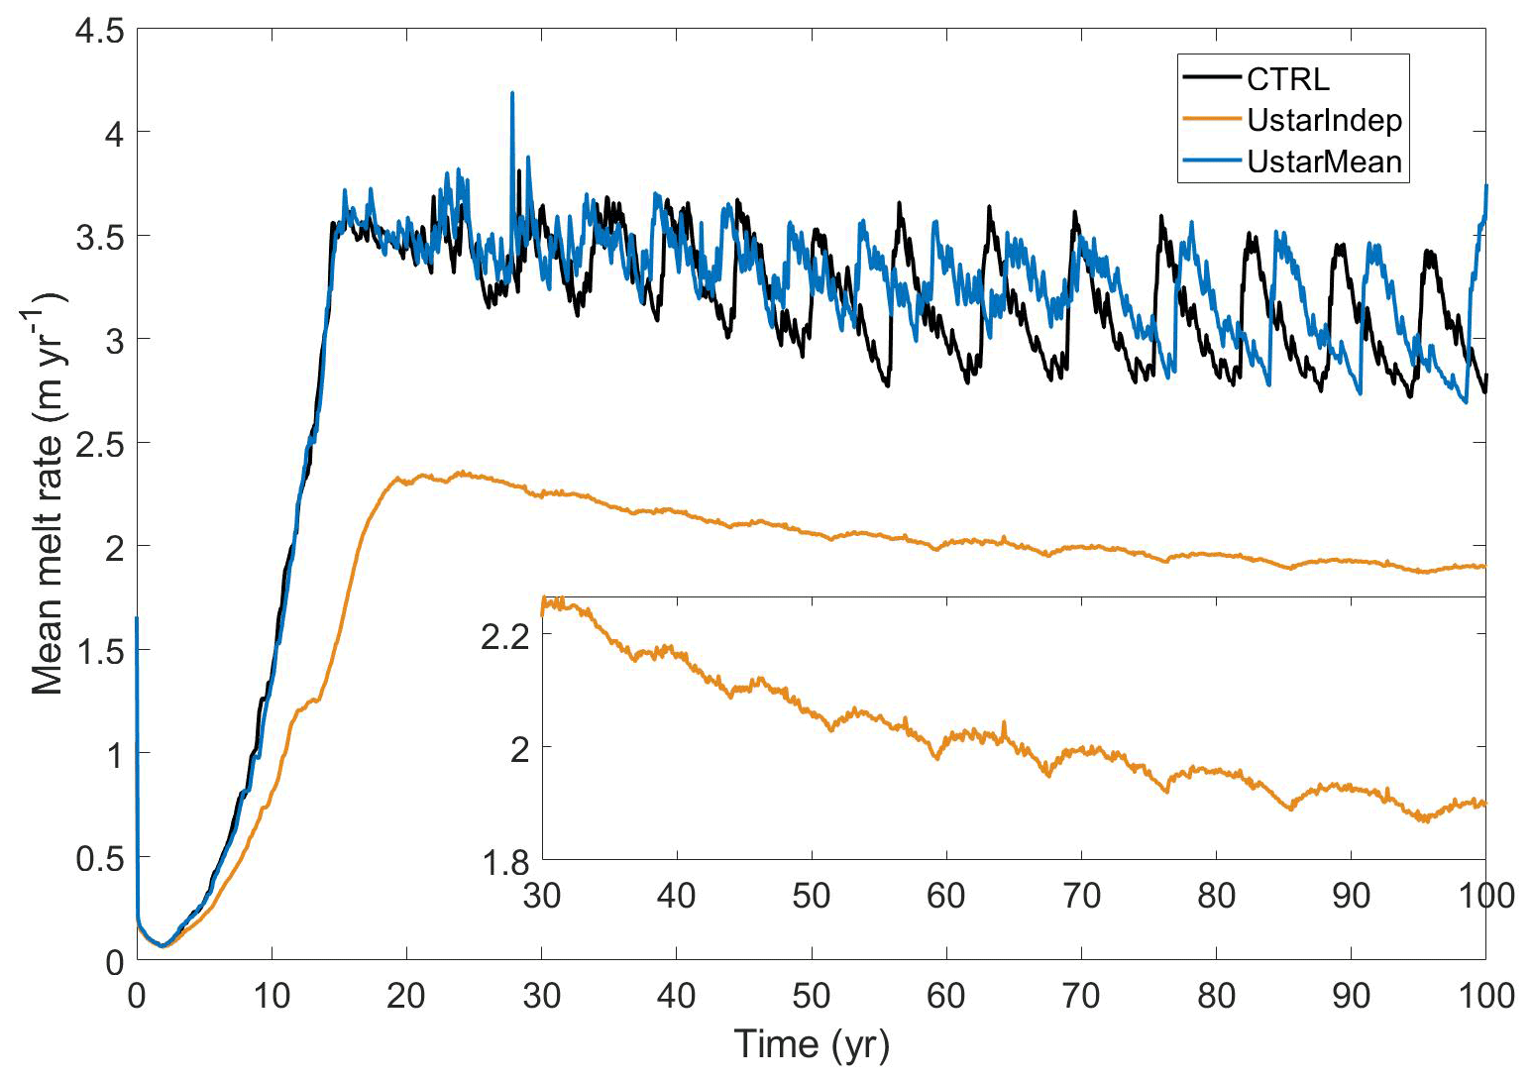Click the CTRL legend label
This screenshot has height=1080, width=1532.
click(1287, 79)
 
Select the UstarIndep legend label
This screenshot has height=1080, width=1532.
click(1324, 121)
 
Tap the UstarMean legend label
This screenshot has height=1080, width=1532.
click(1324, 162)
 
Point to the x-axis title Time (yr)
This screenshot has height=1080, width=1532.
click(811, 1043)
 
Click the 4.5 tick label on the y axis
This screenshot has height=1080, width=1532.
click(99, 32)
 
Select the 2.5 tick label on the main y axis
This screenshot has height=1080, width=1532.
click(99, 443)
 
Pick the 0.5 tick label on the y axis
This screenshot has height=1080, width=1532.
click(99, 858)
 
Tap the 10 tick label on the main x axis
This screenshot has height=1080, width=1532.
click(271, 995)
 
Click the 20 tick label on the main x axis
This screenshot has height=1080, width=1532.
click(405, 995)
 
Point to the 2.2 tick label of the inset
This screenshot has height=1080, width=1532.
click(505, 637)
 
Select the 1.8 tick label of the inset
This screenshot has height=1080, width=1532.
click(505, 862)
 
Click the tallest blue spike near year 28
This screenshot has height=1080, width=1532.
click(511, 93)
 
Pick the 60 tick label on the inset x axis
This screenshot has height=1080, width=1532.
click(945, 896)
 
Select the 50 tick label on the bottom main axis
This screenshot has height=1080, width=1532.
click(811, 995)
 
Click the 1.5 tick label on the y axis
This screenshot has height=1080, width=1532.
click(99, 650)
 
